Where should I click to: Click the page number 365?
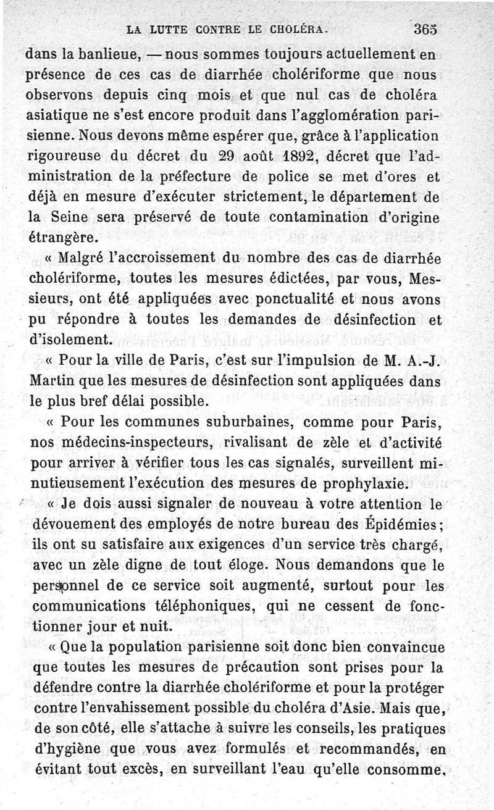[x=426, y=28]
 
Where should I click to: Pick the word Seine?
[x=70, y=218]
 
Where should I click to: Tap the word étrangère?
[x=62, y=238]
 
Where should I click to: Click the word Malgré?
[x=86, y=258]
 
